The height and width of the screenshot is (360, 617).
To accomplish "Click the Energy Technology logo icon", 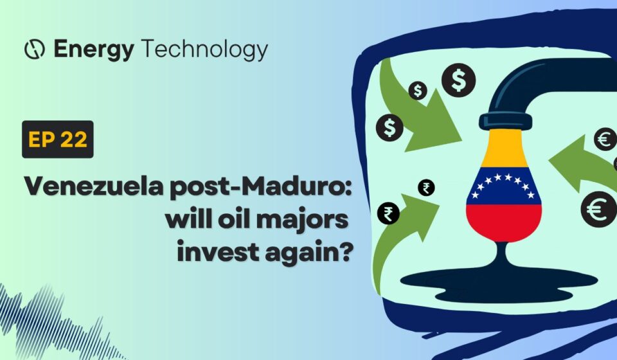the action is tap(34, 50).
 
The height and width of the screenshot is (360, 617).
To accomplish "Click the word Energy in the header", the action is tap(94, 50).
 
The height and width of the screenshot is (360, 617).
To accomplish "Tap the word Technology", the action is tap(204, 50).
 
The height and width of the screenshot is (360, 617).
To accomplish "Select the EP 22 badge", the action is tap(58, 139).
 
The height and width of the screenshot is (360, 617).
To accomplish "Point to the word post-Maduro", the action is tap(260, 187).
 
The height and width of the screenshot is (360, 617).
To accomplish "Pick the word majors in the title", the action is tap(302, 220).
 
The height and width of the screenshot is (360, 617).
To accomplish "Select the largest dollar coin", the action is tap(458, 80).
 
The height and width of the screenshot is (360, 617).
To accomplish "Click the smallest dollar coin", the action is tap(418, 91).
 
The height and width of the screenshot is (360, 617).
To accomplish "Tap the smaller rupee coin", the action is tap(426, 188).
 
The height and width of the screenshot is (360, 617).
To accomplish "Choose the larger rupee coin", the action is tap(388, 213).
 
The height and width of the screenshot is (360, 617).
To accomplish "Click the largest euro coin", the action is tap(598, 209).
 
